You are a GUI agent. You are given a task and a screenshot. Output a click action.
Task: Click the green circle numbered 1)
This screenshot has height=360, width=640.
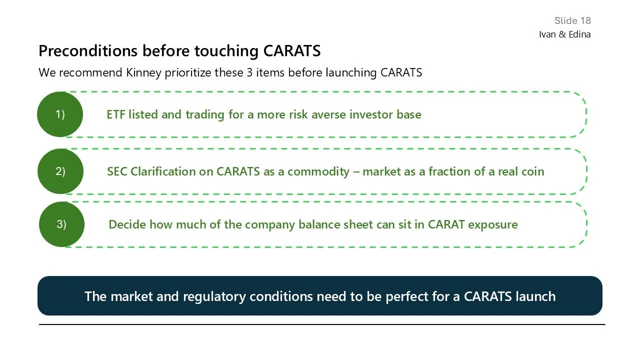click(x=59, y=114)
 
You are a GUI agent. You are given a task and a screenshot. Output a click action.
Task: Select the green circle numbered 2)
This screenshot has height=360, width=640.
click(x=60, y=171)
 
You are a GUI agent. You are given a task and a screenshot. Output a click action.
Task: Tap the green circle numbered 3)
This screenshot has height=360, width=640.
click(x=61, y=224)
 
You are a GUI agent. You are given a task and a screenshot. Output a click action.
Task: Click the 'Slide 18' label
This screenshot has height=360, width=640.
click(x=572, y=20)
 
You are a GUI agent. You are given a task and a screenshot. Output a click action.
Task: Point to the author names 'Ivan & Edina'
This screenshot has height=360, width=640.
click(x=564, y=34)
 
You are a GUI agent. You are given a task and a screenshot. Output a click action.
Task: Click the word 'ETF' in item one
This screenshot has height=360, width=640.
click(x=116, y=114)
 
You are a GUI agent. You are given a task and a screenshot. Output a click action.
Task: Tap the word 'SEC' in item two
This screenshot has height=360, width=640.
click(x=117, y=171)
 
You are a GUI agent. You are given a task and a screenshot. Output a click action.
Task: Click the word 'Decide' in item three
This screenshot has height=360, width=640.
click(x=127, y=224)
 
